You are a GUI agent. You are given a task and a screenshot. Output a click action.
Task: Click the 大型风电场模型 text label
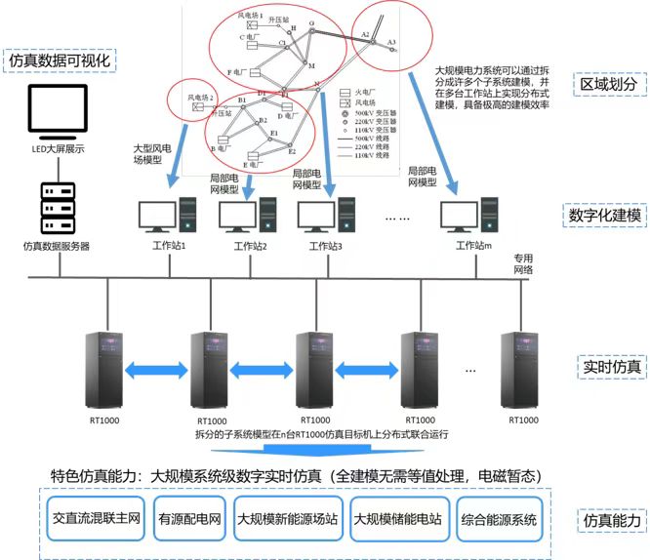pyautogui.click(x=153, y=156)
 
